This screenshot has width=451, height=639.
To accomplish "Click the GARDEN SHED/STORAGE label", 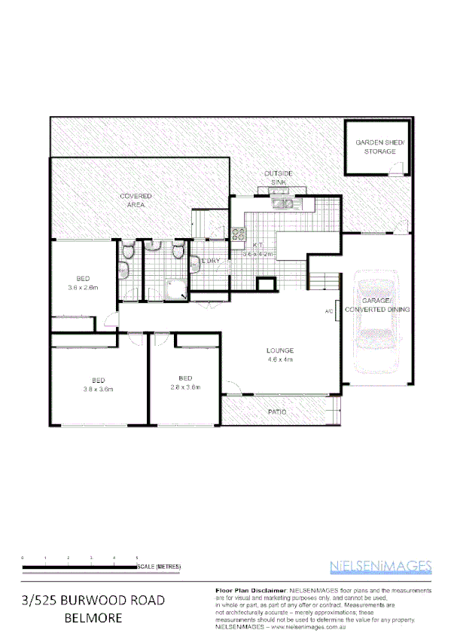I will tap(379, 147).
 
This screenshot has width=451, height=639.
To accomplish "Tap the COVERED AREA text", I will tap(136, 200).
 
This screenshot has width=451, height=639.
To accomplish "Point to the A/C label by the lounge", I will tap(329, 311).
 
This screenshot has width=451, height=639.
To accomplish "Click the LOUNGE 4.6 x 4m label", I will tap(279, 356).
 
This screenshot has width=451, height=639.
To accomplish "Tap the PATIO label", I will tap(278, 412).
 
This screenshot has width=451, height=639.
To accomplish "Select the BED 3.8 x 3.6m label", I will tap(98, 384).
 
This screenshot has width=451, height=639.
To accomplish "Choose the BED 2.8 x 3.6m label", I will tap(185, 382).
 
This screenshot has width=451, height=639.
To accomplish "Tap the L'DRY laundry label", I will tap(209, 261).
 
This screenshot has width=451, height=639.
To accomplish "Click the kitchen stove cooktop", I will tap(239, 234).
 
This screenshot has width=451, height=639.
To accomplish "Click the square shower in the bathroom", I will tap(178, 288).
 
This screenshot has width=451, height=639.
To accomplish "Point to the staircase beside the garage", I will tap(325, 283).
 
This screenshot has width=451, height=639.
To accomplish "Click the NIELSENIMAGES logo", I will tap(380, 566).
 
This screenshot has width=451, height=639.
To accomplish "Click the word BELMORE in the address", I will tap(94, 619).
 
